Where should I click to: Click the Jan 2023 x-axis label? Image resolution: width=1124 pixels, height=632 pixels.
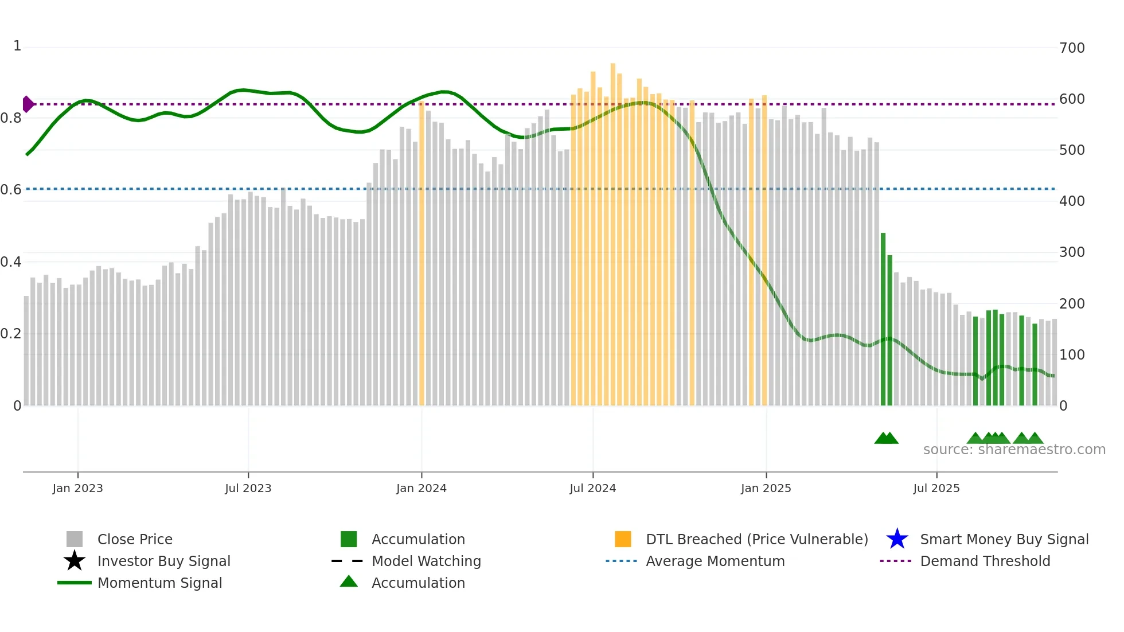[77, 488]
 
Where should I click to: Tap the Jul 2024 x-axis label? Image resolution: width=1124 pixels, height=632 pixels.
[592, 488]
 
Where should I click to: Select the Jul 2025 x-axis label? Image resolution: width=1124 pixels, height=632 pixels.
[936, 488]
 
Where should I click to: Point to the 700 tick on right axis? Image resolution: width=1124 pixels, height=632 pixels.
[1072, 48]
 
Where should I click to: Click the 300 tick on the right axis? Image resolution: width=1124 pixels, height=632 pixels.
[1072, 252]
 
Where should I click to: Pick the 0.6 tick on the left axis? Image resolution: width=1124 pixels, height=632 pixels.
[11, 190]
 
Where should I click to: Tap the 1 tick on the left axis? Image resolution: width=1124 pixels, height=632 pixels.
[17, 46]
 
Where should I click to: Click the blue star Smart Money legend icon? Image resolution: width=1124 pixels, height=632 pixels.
[897, 539]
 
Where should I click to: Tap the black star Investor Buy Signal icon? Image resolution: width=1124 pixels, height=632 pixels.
[75, 561]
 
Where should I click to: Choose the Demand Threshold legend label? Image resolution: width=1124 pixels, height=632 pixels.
[985, 561]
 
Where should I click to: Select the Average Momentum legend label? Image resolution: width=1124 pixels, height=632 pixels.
[715, 561]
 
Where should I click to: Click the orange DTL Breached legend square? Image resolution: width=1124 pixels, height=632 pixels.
[623, 539]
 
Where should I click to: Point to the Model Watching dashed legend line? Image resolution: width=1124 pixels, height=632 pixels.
[348, 561]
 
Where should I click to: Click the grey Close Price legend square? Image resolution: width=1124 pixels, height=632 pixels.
[75, 539]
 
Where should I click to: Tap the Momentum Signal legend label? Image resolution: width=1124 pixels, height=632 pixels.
[159, 583]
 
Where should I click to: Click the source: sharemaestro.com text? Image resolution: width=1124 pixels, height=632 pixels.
[1014, 450]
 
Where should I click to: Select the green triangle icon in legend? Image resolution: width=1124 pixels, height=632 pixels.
[349, 582]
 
